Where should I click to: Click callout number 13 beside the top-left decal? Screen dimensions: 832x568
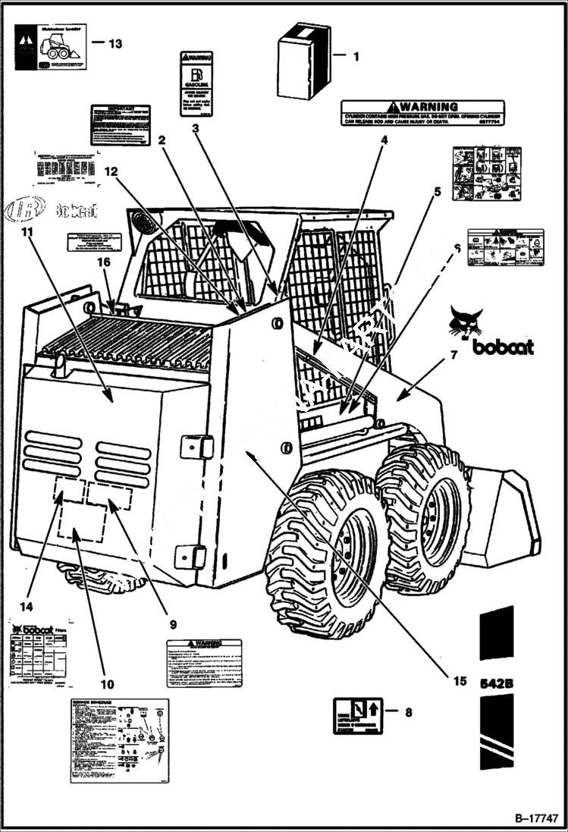tap(115, 43)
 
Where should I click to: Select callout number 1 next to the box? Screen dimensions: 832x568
tap(357, 55)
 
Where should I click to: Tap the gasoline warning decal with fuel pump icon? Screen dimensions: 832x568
tap(196, 83)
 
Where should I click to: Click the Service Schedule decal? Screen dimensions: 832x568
tap(120, 739)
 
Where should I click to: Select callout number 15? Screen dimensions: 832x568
tap(460, 680)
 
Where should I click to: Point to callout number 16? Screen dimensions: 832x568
tap(102, 262)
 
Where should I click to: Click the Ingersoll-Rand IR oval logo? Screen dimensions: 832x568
tap(25, 209)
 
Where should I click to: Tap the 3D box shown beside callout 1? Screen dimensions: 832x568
tap(303, 61)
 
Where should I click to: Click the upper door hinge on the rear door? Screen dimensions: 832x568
tap(196, 446)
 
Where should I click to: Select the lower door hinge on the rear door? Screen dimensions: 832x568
tap(190, 556)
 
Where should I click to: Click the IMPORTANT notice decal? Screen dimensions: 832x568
tap(120, 124)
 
